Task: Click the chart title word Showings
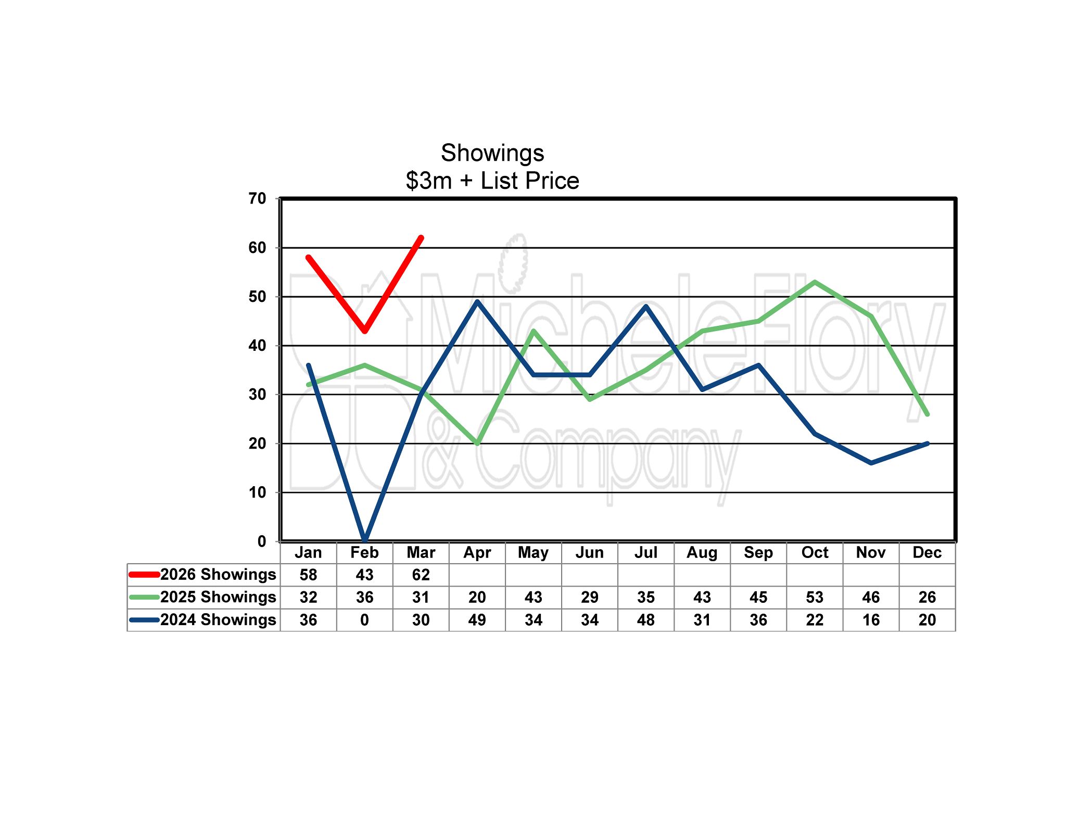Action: click(492, 154)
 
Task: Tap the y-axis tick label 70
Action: click(257, 199)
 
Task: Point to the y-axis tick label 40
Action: click(257, 346)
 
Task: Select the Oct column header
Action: click(815, 553)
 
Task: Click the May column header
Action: click(533, 553)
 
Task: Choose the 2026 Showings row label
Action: click(218, 575)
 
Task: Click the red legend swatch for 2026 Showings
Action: click(144, 575)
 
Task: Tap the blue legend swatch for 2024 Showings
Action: click(144, 620)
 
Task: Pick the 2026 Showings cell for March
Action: click(421, 575)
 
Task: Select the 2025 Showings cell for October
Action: click(815, 598)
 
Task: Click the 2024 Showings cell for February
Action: click(364, 620)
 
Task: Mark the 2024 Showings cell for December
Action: click(927, 620)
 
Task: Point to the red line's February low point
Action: click(365, 331)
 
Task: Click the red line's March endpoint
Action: click(421, 238)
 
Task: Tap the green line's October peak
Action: click(815, 282)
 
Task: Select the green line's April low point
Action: click(477, 443)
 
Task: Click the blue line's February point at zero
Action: click(365, 540)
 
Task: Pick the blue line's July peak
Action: click(646, 306)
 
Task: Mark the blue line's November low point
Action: click(871, 463)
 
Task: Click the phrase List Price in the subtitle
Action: click(529, 181)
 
